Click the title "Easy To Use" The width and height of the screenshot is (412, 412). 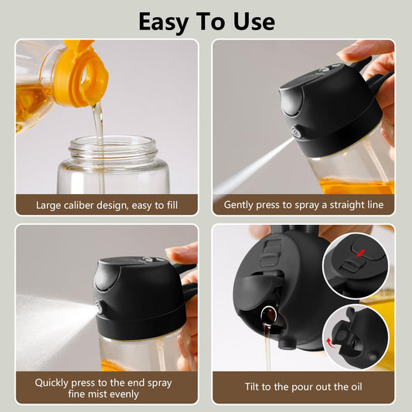click(206, 21)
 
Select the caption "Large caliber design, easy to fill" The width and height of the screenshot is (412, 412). click(107, 205)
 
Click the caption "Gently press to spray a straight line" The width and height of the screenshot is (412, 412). click(303, 205)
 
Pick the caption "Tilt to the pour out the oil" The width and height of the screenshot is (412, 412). click(303, 386)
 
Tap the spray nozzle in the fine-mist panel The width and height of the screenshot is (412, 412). click(100, 308)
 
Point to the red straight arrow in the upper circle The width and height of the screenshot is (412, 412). click(360, 252)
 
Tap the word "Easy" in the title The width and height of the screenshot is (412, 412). click(164, 21)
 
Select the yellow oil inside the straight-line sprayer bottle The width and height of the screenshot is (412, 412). click(356, 186)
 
